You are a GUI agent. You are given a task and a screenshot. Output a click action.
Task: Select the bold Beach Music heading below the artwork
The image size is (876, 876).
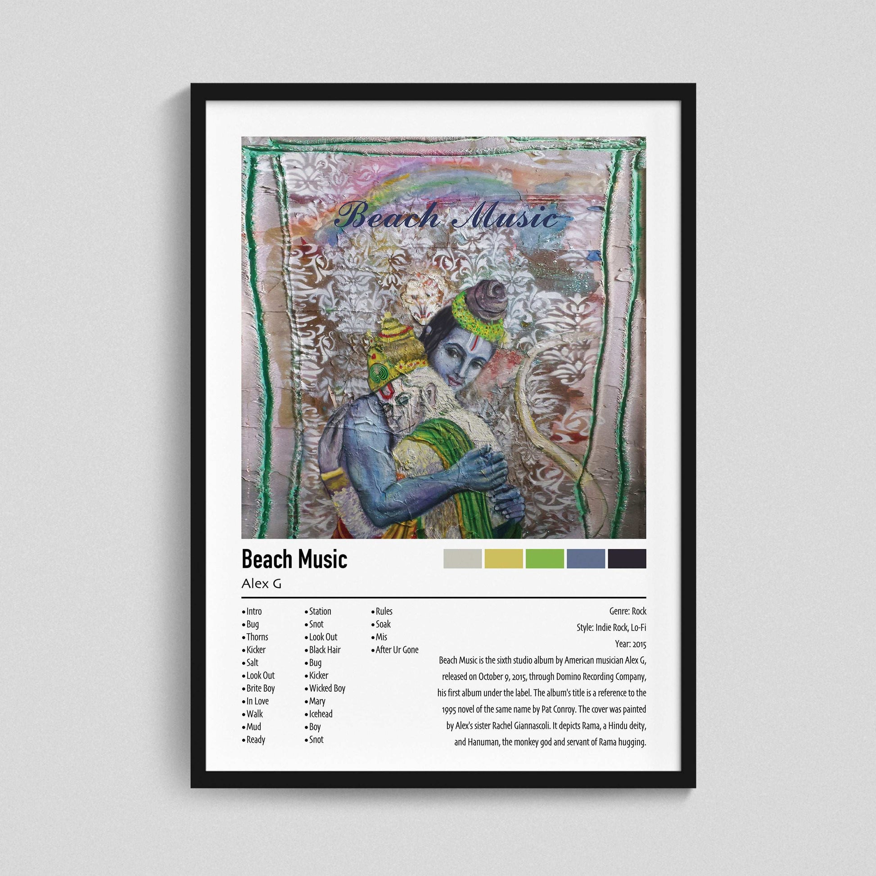(x=294, y=559)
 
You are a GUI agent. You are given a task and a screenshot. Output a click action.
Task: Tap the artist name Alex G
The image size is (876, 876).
(x=261, y=584)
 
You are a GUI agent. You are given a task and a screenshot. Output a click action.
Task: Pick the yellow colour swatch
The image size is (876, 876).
(x=503, y=558)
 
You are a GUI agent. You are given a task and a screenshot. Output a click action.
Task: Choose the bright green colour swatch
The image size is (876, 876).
(x=545, y=558)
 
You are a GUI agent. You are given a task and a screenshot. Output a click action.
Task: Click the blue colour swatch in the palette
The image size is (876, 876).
(x=585, y=558)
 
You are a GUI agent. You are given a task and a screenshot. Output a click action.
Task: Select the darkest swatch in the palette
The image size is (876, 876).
(x=627, y=558)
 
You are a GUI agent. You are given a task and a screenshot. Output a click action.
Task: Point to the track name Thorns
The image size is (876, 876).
(x=257, y=637)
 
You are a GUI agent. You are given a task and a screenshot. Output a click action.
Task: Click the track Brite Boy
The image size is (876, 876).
(x=260, y=688)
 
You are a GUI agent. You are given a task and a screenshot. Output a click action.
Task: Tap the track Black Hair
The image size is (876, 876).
(x=324, y=649)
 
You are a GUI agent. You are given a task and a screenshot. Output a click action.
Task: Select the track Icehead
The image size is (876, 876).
(x=321, y=713)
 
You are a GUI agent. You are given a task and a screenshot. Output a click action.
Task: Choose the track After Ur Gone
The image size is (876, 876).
(x=397, y=649)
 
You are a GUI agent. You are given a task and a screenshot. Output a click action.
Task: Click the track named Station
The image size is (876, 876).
(x=320, y=611)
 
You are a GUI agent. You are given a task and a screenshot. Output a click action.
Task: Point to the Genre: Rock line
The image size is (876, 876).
(x=628, y=611)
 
